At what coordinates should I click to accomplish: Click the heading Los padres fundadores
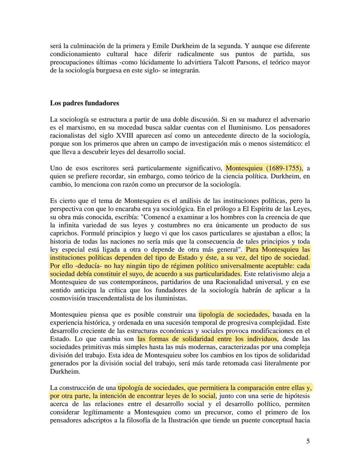84,103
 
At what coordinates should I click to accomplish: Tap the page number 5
308,441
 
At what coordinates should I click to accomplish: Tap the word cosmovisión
68,298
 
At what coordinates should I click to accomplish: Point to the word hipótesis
295,396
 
